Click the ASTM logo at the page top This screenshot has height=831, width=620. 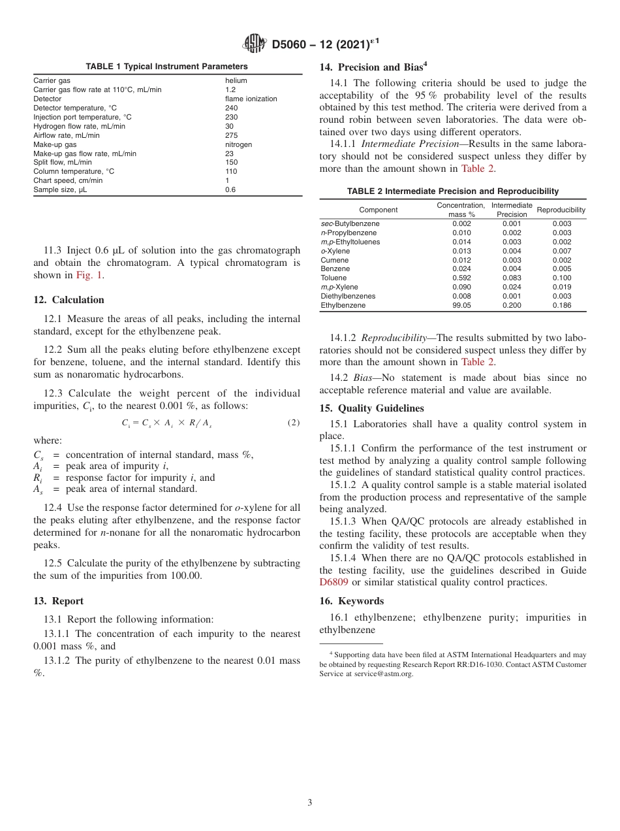point(255,44)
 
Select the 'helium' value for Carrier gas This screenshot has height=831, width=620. point(236,80)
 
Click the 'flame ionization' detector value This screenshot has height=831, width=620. point(251,99)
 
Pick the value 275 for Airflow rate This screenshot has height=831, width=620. point(231,135)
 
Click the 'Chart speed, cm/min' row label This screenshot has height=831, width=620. point(68,180)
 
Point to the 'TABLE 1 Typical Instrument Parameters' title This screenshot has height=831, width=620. point(167,67)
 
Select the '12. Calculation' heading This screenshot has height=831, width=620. point(69,300)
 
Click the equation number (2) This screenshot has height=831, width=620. point(294,423)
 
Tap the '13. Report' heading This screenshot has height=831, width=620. point(58,601)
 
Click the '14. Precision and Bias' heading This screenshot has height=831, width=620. point(373,67)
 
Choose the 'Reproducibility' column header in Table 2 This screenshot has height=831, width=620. point(561,210)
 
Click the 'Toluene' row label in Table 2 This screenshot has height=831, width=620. point(333,278)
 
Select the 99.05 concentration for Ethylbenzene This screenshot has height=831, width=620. point(461,305)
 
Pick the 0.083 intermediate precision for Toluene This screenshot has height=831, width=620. point(512,278)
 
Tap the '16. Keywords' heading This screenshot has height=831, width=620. point(351,601)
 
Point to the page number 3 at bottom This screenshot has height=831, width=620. point(310,802)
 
